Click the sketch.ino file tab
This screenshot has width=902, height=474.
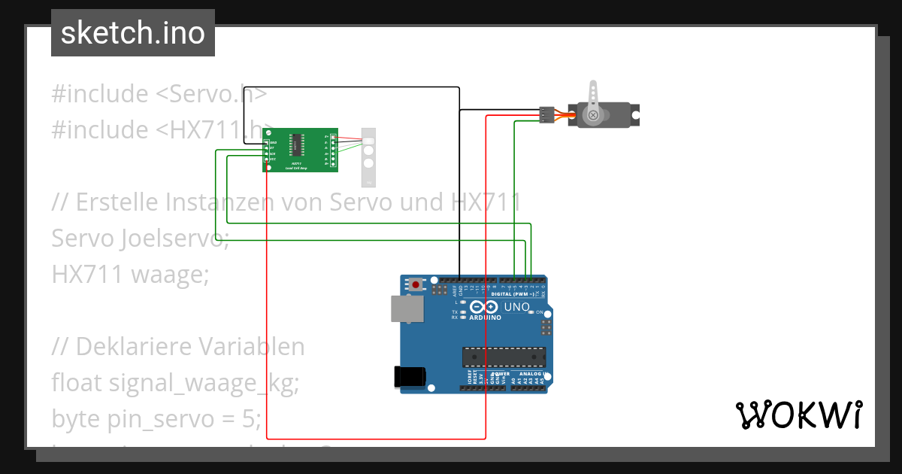tap(133, 33)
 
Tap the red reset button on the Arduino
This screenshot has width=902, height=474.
tap(416, 284)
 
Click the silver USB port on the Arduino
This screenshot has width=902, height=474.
tap(407, 309)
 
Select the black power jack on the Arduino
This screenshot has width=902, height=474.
tap(410, 376)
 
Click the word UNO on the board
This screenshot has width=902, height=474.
tap(516, 308)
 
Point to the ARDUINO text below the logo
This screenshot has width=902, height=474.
tap(485, 318)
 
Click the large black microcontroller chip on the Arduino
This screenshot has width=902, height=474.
tap(504, 357)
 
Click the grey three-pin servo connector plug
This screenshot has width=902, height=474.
tap(546, 114)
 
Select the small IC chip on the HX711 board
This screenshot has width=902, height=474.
tap(298, 142)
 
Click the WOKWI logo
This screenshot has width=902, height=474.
tap(798, 415)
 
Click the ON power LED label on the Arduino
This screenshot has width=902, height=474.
tap(539, 311)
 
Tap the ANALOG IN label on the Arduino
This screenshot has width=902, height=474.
tap(531, 374)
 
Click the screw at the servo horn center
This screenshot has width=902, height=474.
tap(593, 115)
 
